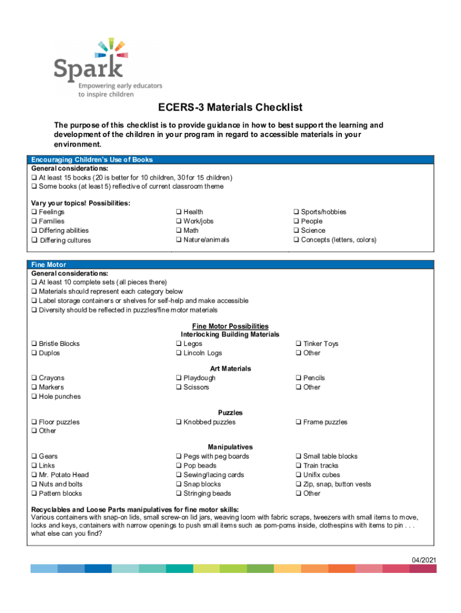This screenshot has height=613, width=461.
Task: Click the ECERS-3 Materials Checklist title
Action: [230, 108]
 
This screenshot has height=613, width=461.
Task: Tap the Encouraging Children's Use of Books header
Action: [92, 160]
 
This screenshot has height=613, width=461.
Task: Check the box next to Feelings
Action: [34, 212]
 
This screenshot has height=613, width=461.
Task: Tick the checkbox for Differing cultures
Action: [34, 241]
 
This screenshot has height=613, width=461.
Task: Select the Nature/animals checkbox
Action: [178, 240]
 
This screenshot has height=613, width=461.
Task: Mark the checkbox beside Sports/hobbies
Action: [296, 212]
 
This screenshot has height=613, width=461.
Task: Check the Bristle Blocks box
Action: [34, 344]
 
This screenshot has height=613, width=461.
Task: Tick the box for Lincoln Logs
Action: [178, 353]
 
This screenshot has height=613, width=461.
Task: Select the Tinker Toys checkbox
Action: [298, 344]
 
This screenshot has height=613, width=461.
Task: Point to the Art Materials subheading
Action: [230, 369]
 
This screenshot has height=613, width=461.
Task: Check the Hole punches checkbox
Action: [34, 396]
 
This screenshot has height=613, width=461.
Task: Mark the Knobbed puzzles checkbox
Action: [178, 422]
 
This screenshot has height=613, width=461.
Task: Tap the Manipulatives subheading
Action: [230, 447]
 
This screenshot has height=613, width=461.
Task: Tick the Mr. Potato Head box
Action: [34, 475]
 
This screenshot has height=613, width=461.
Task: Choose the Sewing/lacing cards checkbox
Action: [178, 475]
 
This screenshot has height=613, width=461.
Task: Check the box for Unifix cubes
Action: [298, 475]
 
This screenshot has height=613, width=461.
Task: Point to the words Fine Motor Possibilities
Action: [230, 326]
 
